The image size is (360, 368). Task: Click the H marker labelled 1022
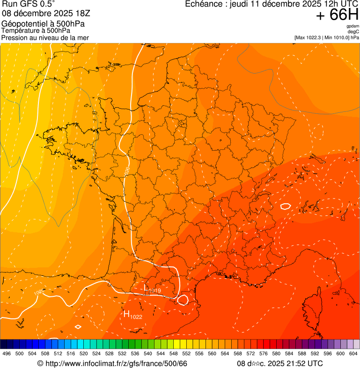pyautogui.click(x=126, y=314)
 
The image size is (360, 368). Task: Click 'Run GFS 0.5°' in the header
pyautogui.click(x=28, y=5)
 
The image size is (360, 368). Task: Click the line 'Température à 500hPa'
pyautogui.click(x=36, y=31)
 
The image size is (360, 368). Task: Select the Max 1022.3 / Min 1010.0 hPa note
pyautogui.click(x=326, y=37)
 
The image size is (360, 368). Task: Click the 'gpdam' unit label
pyautogui.click(x=353, y=26)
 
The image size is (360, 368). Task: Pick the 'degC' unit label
pyautogui.click(x=353, y=31)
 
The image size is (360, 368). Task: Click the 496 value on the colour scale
pyautogui.click(x=7, y=353)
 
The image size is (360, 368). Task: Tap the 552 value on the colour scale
pyautogui.click(x=186, y=353)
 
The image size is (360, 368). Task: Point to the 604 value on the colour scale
pyautogui.click(x=353, y=353)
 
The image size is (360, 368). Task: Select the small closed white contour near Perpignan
pyautogui.click(x=183, y=299)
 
